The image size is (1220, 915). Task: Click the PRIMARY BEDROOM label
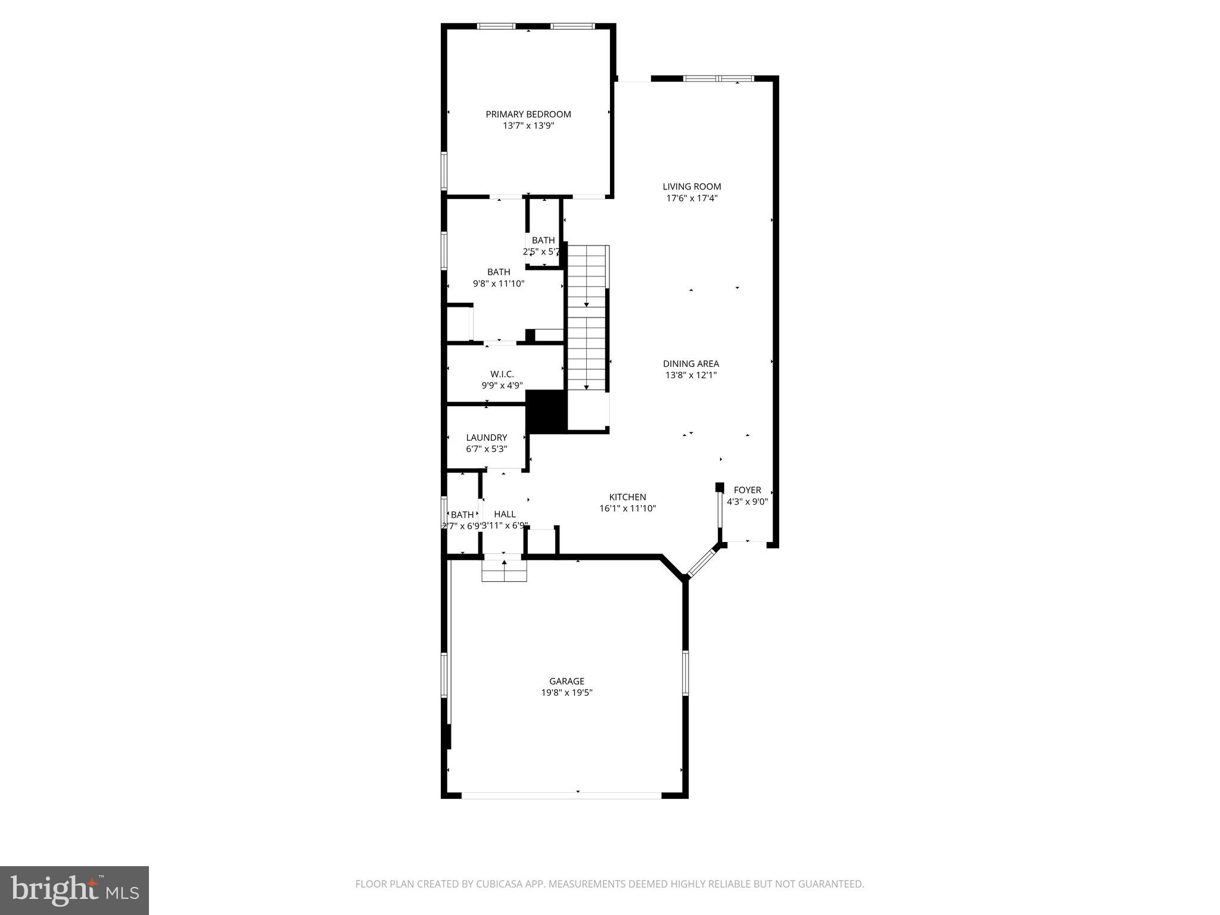point(528,114)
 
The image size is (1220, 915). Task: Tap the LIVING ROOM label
point(692,186)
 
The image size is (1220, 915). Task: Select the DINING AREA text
point(691,363)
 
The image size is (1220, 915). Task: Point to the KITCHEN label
point(627,497)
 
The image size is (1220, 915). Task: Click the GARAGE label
point(567,681)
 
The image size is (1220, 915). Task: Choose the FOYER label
point(747,490)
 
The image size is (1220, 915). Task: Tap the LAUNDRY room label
point(487,437)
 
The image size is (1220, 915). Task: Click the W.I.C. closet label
point(502,374)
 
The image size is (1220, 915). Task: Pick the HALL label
point(505,514)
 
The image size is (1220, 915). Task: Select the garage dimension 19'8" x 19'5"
point(567,693)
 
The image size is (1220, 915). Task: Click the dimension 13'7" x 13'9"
point(528,126)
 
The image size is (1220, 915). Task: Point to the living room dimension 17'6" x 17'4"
point(692,198)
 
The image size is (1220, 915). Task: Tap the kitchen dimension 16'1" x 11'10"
point(627,509)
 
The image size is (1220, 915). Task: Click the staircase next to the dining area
point(587,319)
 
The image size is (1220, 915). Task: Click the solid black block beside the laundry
point(546,411)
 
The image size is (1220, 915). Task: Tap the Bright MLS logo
point(74,890)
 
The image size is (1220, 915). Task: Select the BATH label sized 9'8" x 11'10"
point(499,272)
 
